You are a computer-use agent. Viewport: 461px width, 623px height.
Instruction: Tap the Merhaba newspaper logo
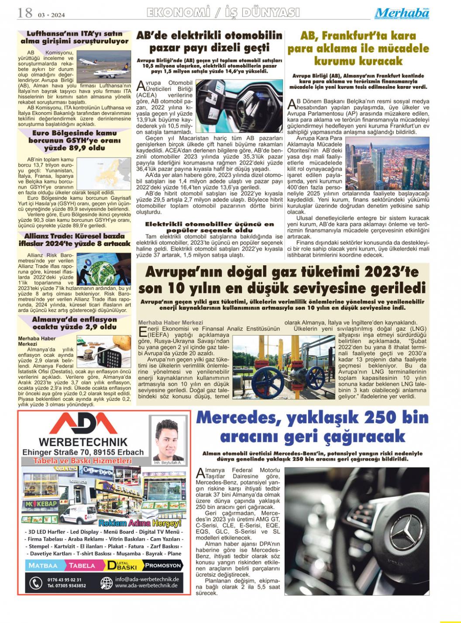click(402, 13)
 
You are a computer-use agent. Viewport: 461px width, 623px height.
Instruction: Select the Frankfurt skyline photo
click(387, 163)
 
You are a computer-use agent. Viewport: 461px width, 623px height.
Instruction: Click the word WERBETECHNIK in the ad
click(83, 443)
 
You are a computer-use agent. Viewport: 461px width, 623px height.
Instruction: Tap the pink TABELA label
click(82, 565)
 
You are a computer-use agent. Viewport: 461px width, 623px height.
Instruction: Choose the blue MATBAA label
click(43, 565)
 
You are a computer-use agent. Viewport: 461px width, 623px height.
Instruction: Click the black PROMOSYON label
click(162, 565)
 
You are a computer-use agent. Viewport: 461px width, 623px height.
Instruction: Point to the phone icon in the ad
click(35, 583)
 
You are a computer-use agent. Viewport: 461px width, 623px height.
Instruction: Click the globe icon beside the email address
click(106, 583)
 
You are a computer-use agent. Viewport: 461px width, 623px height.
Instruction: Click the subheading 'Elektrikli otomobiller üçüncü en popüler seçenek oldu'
click(210, 227)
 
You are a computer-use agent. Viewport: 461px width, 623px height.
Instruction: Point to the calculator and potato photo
click(103, 351)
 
